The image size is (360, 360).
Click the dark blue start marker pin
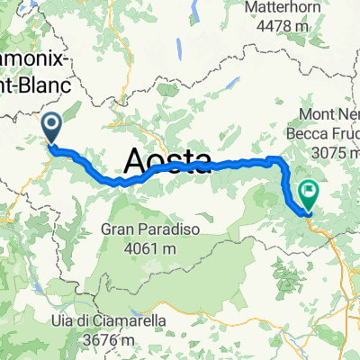pos(52,128)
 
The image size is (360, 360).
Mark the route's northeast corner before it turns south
pos(279,160)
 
